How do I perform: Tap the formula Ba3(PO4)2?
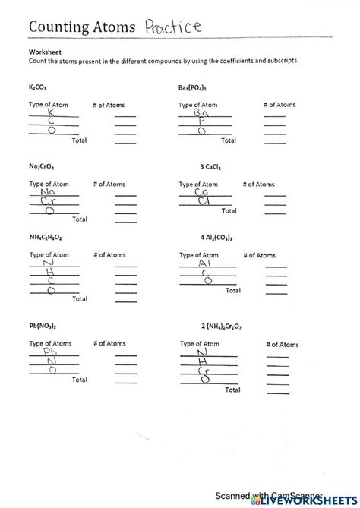197,87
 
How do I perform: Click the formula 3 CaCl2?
210,165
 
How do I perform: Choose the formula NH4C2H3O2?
47,237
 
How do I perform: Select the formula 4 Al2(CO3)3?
216,237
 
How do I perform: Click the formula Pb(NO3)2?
43,325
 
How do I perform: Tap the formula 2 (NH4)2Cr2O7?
226,325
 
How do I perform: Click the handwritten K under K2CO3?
51,112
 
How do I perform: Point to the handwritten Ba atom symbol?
201,112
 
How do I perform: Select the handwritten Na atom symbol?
49,192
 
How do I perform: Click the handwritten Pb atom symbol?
49,352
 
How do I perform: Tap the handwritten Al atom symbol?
204,263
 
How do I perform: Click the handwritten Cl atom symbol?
203,201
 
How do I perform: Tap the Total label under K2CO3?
79,140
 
